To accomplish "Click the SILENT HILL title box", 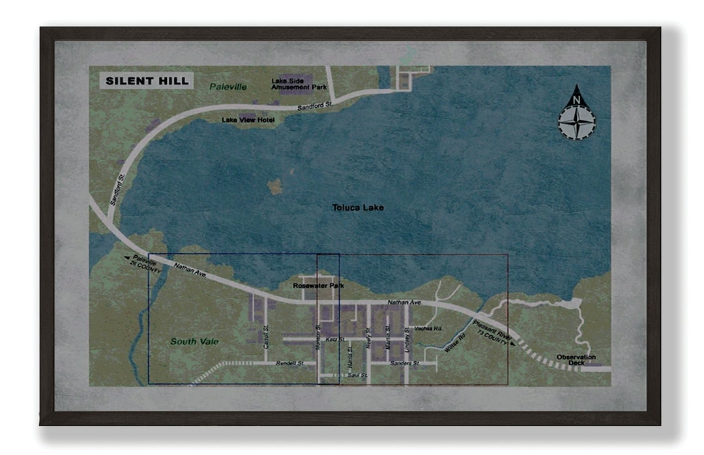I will point(147,81).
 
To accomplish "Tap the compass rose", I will point(576,114).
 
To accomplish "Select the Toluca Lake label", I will point(358,208).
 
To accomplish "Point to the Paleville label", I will point(228,87).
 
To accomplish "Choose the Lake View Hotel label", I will point(248,120).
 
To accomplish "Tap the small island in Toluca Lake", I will point(275,187).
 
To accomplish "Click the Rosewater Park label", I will point(318,286).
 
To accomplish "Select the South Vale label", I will point(194,342).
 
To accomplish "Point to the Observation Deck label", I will point(576,360).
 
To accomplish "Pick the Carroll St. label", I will point(266,337).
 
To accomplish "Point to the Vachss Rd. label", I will point(428,329).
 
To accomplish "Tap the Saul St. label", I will point(358,376).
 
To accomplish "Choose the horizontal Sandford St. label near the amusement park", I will point(315,104).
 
